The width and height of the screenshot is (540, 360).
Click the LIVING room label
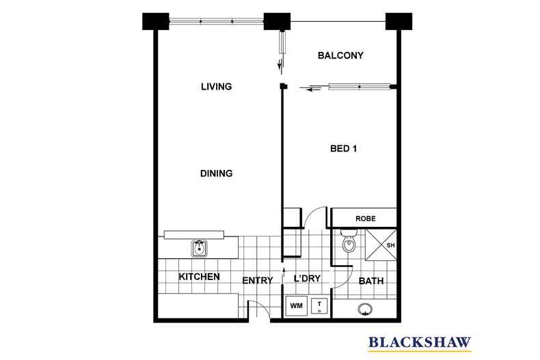coord(217,87)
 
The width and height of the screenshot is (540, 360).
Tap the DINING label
coord(217,174)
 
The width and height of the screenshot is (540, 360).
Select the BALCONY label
coord(340,55)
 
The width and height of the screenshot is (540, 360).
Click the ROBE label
coord(364,219)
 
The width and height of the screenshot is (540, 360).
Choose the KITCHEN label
coord(199,277)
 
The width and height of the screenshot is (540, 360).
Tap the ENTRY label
coord(258,280)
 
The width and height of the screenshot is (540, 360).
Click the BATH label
coord(371,280)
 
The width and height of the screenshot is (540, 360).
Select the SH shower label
coord(391,245)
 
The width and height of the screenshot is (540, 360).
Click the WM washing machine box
coord(296,305)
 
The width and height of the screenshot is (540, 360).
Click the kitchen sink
coord(200,246)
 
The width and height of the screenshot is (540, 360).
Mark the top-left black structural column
coord(157,22)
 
